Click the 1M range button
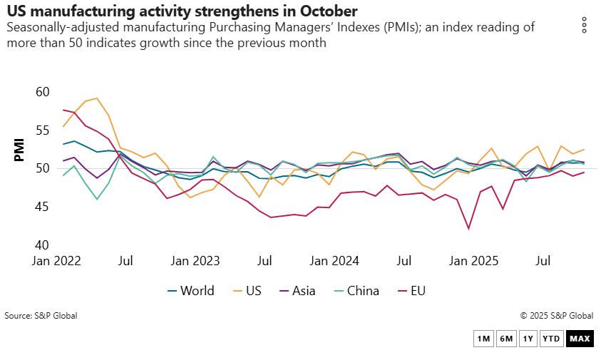point(483,339)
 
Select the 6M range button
point(505,339)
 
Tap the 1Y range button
point(528,339)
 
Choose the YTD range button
point(551,339)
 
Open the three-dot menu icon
point(584,25)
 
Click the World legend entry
point(190,290)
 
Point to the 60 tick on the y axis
point(42,92)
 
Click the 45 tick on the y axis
point(42,207)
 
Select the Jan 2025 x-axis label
point(472,260)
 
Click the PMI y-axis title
point(19,150)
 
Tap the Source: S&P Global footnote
point(41,315)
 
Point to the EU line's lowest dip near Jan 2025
point(468,229)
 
